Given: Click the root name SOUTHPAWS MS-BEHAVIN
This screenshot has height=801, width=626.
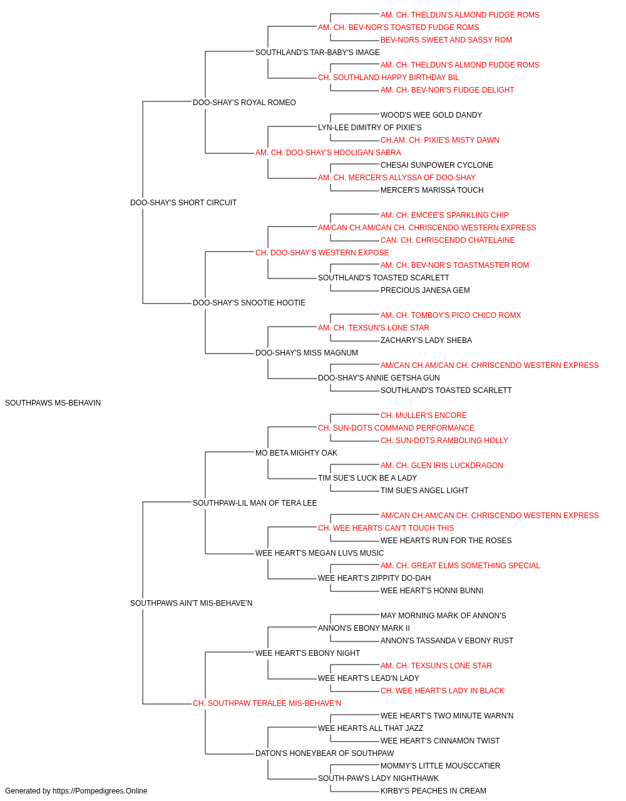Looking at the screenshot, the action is tap(53, 403).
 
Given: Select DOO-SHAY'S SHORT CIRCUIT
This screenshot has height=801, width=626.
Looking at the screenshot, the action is tap(183, 202).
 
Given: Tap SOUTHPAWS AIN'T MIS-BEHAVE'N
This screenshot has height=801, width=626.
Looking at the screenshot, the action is tap(192, 603).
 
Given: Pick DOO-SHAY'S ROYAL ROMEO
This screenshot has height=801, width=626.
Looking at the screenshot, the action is tap(244, 103).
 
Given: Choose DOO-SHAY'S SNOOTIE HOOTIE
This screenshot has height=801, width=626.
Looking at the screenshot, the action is tap(249, 303).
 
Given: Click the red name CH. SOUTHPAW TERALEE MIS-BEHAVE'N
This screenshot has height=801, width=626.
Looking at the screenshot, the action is tap(267, 703).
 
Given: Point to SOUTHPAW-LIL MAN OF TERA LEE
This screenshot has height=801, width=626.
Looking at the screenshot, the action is tap(255, 503).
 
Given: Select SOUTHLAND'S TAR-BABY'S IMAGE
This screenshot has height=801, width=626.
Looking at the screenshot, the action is tap(317, 53).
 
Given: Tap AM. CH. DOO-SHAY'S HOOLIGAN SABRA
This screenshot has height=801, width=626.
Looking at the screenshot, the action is tap(328, 153).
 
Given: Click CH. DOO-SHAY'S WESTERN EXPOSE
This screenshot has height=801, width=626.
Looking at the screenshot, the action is tap(322, 252).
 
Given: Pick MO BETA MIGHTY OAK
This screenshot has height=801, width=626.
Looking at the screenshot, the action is tap(296, 452).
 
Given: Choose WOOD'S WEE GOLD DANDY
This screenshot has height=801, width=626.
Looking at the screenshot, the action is tap(431, 115).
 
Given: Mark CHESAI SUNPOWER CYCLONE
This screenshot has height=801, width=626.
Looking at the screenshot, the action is tap(437, 165).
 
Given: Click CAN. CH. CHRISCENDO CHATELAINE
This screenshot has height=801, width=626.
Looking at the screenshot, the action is tap(448, 240).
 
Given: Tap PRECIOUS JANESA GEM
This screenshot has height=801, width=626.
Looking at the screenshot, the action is tap(425, 290).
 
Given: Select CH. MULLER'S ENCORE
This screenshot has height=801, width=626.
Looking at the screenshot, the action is tap(424, 416).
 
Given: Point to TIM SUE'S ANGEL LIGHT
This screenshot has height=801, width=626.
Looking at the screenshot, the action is tap(424, 490).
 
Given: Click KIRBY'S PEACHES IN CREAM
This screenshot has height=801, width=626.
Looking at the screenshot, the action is tap(433, 791).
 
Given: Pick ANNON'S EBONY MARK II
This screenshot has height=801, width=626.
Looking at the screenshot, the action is tap(364, 628).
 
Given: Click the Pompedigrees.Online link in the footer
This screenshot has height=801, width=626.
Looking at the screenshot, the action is tap(100, 791).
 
